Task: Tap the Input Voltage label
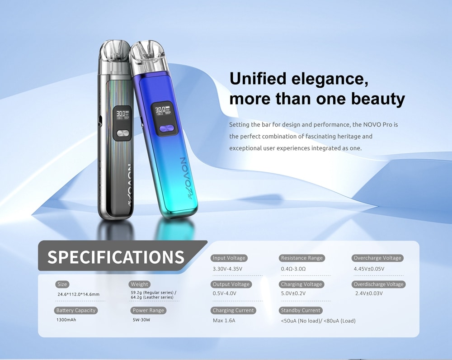(229, 258)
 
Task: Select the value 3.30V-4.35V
(227, 269)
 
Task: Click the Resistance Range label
(302, 258)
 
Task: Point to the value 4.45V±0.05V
(369, 269)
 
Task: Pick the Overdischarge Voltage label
(378, 284)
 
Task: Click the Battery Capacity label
(76, 310)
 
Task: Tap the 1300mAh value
(66, 320)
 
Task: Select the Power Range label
(148, 310)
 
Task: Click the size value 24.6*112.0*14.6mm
(78, 294)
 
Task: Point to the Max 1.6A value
(224, 321)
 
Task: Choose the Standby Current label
(301, 310)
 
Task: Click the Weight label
(139, 284)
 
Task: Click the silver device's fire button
(122, 133)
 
